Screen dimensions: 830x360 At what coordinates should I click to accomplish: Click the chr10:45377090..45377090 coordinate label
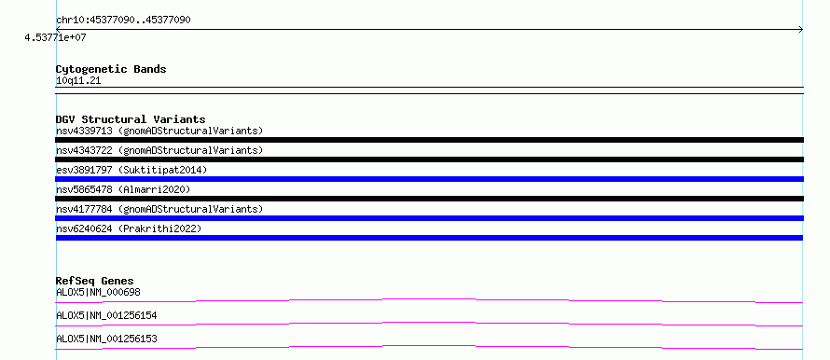click(x=123, y=21)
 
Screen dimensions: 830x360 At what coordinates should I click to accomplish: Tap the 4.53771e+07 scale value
click(x=56, y=38)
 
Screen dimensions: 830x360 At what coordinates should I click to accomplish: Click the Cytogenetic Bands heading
click(x=111, y=69)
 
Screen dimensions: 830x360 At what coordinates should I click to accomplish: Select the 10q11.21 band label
click(x=78, y=81)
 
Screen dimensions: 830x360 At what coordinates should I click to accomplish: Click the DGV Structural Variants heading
click(x=131, y=119)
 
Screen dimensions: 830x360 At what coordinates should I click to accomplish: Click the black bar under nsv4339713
click(x=429, y=140)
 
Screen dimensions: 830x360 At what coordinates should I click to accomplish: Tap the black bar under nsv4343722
click(x=429, y=159)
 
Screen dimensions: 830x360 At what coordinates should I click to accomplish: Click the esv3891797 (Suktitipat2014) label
click(x=131, y=170)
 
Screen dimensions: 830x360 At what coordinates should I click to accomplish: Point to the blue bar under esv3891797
click(x=429, y=179)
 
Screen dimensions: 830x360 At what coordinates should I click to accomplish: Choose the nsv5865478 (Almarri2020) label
click(x=123, y=189)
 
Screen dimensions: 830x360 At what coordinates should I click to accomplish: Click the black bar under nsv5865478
click(x=429, y=199)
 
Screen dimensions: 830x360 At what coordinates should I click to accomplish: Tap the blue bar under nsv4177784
click(x=429, y=218)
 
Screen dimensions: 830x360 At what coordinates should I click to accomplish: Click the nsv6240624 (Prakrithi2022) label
click(x=129, y=228)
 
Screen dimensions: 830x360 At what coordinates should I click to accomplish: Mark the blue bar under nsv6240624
click(x=429, y=238)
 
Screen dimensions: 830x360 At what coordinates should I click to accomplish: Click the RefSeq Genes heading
click(x=95, y=281)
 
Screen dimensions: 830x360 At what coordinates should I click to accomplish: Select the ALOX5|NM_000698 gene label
click(x=99, y=292)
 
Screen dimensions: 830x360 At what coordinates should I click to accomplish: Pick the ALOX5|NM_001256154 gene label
click(x=106, y=315)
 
